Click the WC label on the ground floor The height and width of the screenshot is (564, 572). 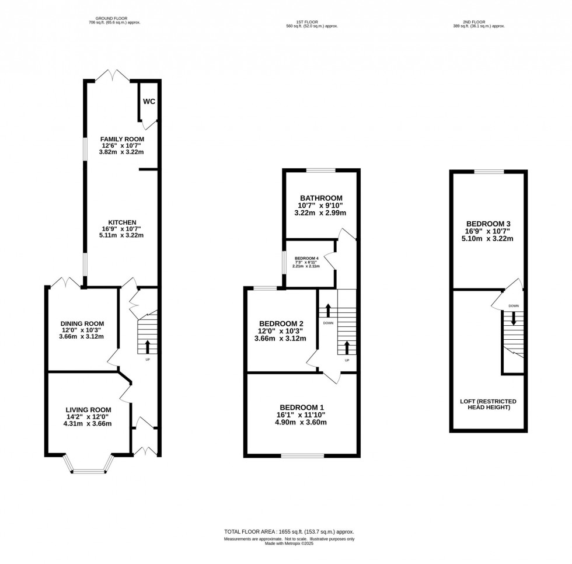click(149, 102)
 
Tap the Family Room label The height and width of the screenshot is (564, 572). click(121, 139)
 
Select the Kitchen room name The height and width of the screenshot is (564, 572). click(121, 222)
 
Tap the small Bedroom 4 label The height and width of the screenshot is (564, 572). click(306, 259)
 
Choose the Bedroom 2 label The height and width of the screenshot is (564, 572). click(281, 324)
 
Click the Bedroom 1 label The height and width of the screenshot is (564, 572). click(302, 408)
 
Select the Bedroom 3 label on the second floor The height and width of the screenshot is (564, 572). click(489, 224)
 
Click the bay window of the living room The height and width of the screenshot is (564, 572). click(88, 466)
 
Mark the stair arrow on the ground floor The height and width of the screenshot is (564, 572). click(147, 347)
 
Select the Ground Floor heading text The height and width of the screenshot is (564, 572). click(114, 19)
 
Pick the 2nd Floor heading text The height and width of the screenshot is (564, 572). click(479, 23)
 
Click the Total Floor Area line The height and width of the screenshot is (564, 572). click(289, 532)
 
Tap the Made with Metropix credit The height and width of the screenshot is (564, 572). click(289, 544)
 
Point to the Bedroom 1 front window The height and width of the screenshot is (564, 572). click(302, 455)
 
